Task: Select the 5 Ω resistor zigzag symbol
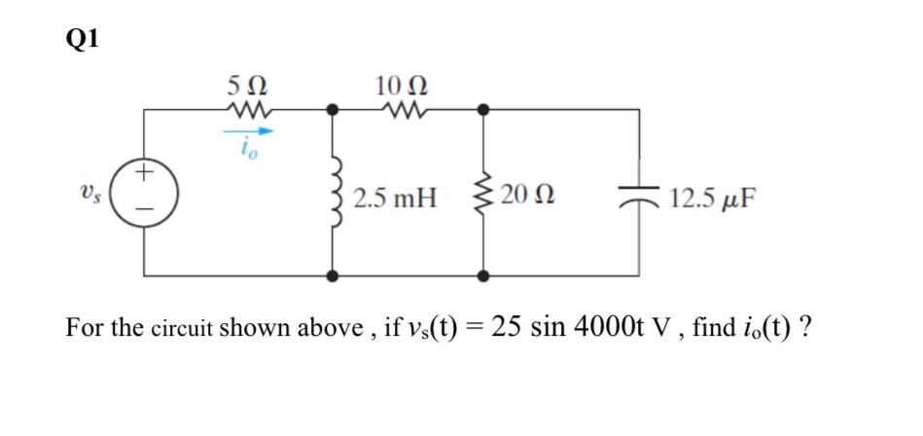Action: (x=244, y=111)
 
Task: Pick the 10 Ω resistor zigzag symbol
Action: (x=400, y=111)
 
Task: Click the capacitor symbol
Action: (x=639, y=199)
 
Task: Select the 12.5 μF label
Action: (x=714, y=200)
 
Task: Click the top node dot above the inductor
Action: (x=333, y=111)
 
